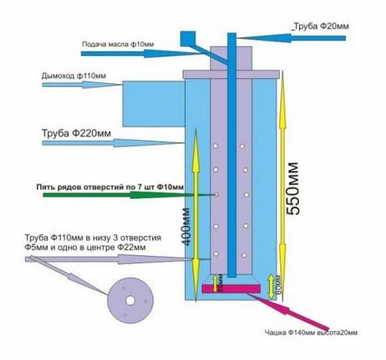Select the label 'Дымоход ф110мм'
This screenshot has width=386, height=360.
71,76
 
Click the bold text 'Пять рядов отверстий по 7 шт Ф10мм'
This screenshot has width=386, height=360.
109,186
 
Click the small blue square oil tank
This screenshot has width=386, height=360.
188,38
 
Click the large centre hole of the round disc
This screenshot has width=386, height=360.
130,300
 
